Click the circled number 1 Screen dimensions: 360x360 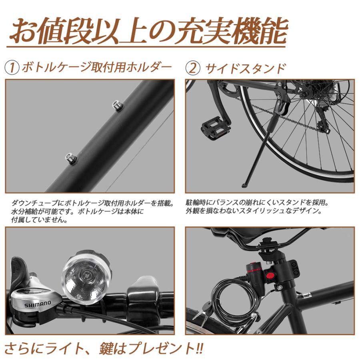tap(12, 68)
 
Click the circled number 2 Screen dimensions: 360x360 tap(193, 68)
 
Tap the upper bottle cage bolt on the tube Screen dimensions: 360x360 tap(117, 106)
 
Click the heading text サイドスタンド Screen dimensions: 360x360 tap(246, 68)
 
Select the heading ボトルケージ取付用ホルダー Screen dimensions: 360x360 tap(96, 67)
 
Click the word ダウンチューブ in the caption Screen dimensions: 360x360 tap(32, 203)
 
